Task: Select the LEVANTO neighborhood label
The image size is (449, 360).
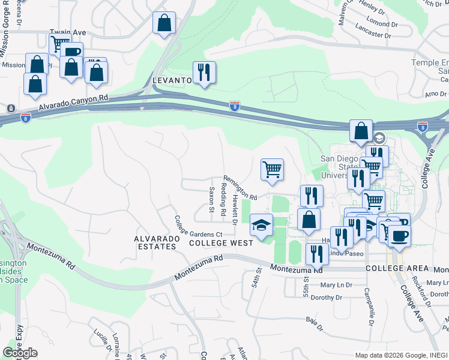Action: click(172, 80)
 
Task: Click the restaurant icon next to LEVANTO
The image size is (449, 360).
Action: click(204, 73)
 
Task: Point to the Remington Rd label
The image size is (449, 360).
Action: click(240, 187)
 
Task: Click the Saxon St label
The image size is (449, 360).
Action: click(211, 200)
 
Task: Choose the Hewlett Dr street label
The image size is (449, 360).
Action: click(235, 209)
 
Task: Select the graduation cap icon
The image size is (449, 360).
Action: click(261, 226)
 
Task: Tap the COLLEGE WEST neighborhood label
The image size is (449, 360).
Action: click(216, 243)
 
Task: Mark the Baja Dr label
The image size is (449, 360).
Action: click(314, 323)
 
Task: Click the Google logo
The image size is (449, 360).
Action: click(20, 353)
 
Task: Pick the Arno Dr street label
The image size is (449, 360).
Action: click(435, 94)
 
